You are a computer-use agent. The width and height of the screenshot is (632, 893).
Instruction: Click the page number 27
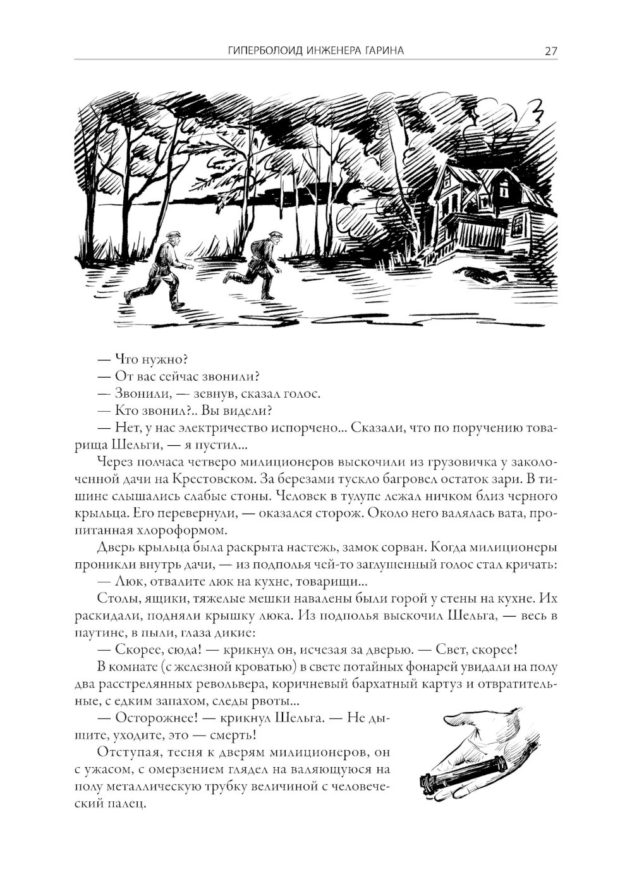[x=550, y=52]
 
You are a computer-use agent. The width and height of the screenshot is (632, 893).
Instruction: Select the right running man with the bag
[x=259, y=265]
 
